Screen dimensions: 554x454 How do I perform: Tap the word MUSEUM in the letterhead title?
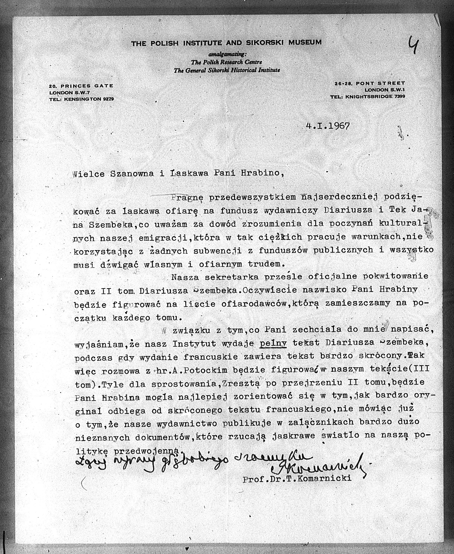tap(305, 42)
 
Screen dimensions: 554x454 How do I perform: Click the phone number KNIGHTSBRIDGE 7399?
tap(375, 96)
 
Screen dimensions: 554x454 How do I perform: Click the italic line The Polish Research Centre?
tap(227, 62)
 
